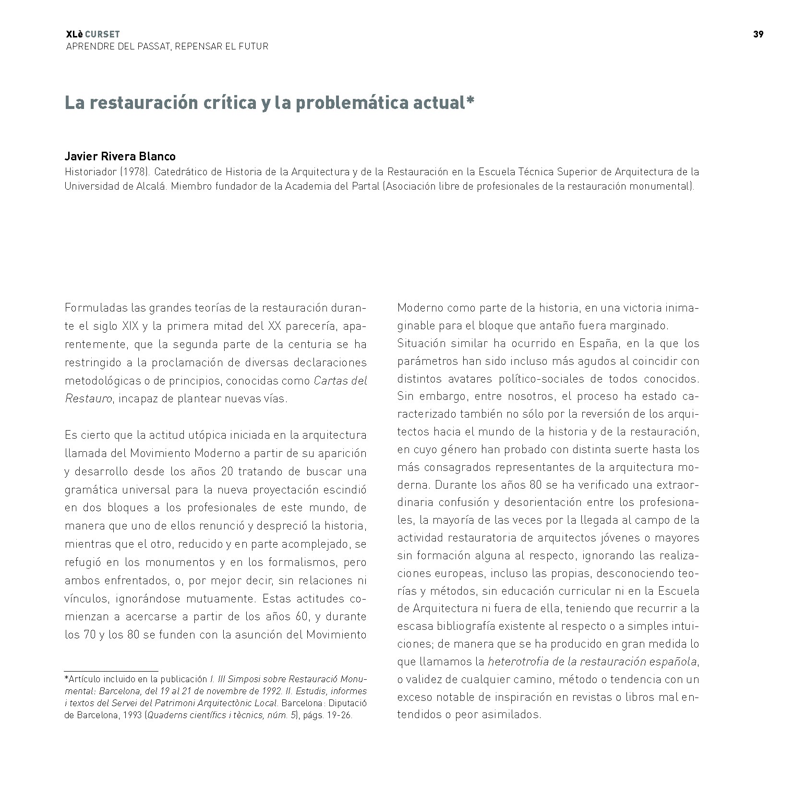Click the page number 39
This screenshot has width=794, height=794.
point(758,34)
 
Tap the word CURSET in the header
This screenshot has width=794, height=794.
point(102,35)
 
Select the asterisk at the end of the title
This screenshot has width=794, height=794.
point(470,100)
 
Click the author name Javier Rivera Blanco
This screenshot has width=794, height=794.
point(120,156)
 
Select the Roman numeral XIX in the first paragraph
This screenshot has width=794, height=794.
point(130,326)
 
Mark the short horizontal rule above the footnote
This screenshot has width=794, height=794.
point(111,671)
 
